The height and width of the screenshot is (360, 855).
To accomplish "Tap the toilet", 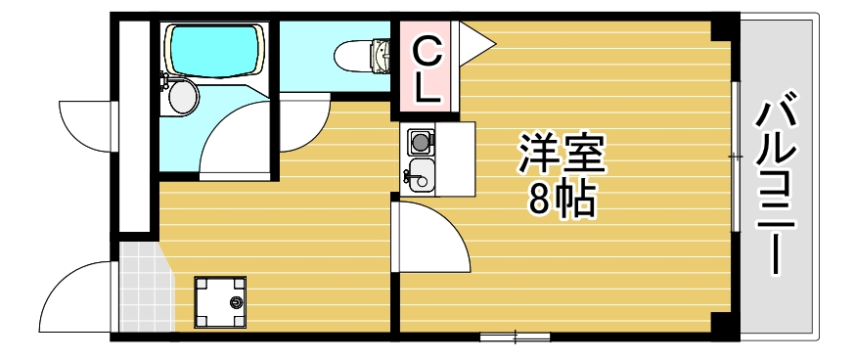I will [357, 55].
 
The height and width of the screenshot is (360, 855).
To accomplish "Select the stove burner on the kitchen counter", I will [421, 142].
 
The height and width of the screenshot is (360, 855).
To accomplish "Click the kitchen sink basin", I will [420, 177].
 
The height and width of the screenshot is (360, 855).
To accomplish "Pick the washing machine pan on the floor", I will [220, 303].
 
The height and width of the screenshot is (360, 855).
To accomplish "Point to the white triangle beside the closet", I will [475, 42].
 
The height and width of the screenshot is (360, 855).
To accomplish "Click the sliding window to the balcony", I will [734, 156].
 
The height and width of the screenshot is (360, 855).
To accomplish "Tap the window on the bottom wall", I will [516, 336].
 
